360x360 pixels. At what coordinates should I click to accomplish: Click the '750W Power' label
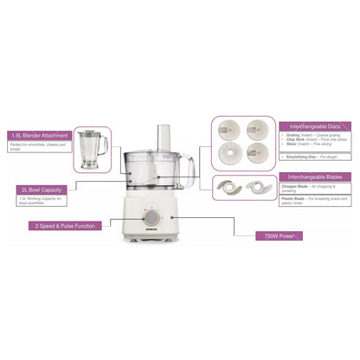pos(279,235)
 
